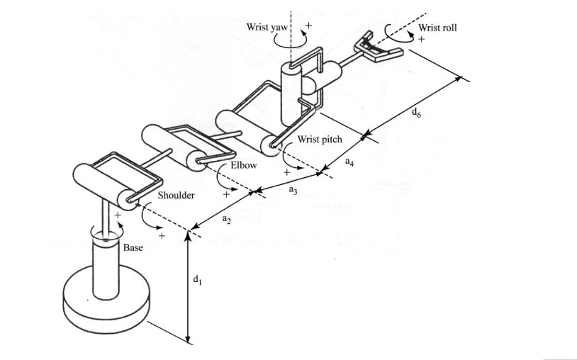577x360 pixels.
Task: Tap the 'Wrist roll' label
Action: pos(437,28)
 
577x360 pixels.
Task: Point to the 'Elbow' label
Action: pos(243,165)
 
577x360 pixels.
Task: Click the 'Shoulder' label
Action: pos(177,195)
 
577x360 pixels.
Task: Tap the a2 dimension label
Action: pos(226,220)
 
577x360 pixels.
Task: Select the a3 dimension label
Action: pos(293,190)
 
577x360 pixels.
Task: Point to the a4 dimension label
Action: pos(349,162)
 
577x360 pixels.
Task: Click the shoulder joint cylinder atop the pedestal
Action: pos(103,183)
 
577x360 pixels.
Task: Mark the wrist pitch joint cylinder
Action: pos(245,130)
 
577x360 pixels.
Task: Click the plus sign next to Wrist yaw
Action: pos(308,26)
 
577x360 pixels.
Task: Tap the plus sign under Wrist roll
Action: pos(421,40)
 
